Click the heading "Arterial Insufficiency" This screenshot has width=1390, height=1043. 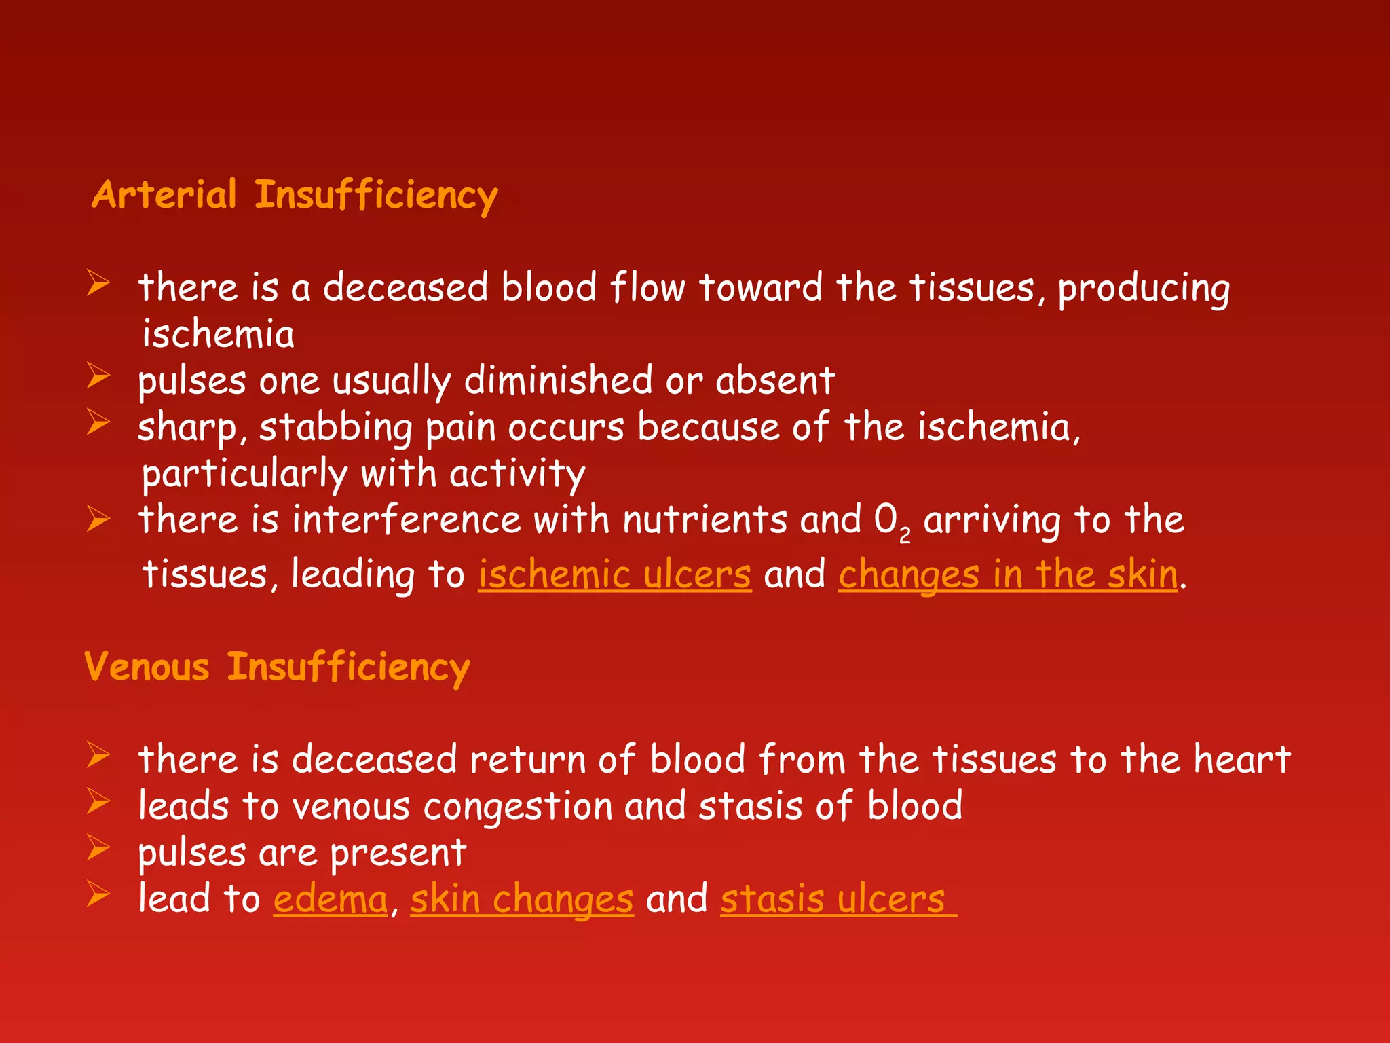pyautogui.click(x=295, y=195)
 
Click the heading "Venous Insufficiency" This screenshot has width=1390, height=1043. pyautogui.click(x=277, y=667)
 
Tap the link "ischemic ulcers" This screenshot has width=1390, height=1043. pyautogui.click(x=615, y=574)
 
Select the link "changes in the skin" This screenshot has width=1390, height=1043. pyautogui.click(x=1008, y=574)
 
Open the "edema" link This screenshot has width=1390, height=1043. pyautogui.click(x=331, y=899)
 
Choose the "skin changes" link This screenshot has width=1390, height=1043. pyautogui.click(x=522, y=899)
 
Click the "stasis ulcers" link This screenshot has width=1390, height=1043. pyautogui.click(x=833, y=899)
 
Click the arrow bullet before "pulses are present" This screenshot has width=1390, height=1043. pyautogui.click(x=98, y=848)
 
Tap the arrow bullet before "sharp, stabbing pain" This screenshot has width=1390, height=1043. pyautogui.click(x=98, y=422)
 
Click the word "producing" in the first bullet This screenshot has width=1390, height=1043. pyautogui.click(x=1144, y=289)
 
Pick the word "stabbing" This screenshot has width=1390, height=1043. pyautogui.click(x=335, y=428)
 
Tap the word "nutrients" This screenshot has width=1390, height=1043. pyautogui.click(x=705, y=520)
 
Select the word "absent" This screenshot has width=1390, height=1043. pyautogui.click(x=775, y=380)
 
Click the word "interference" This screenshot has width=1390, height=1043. pyautogui.click(x=406, y=520)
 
